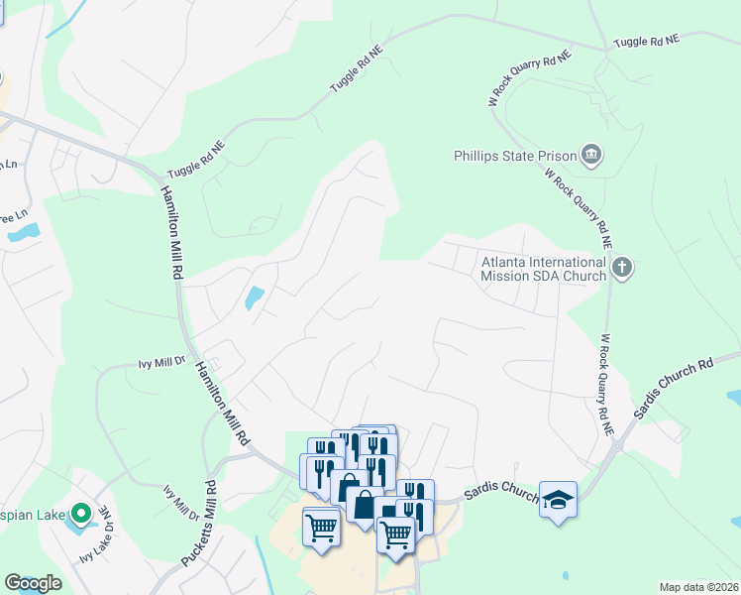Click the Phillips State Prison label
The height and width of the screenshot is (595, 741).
pos(514,156)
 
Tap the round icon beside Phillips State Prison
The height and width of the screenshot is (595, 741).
pos(592,155)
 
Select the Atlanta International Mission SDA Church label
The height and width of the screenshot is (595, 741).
pos(543,269)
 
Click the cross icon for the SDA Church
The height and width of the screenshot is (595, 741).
pos(621,267)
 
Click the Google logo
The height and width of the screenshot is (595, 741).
pos(33,583)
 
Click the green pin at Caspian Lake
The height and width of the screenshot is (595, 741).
pos(82,513)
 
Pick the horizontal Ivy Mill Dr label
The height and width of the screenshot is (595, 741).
pos(161,365)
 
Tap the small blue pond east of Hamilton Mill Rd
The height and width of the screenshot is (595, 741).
pos(253,297)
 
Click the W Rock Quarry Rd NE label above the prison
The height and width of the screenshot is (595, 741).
pos(531,78)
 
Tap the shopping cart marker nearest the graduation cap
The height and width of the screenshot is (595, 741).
pos(396,533)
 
